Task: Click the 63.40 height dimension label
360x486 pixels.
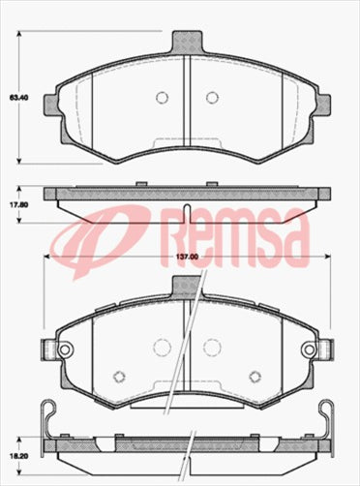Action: (16, 98)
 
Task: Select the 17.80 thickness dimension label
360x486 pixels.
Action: (16, 204)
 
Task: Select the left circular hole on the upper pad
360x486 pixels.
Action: (162, 97)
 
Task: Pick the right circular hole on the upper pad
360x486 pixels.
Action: (211, 97)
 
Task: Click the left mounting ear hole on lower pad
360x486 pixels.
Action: (65, 349)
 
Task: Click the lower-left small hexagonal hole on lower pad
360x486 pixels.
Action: (119, 376)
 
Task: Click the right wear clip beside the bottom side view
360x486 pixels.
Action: (326, 426)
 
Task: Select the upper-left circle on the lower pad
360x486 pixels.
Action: (161, 345)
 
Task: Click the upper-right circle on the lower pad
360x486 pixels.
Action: (210, 345)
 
